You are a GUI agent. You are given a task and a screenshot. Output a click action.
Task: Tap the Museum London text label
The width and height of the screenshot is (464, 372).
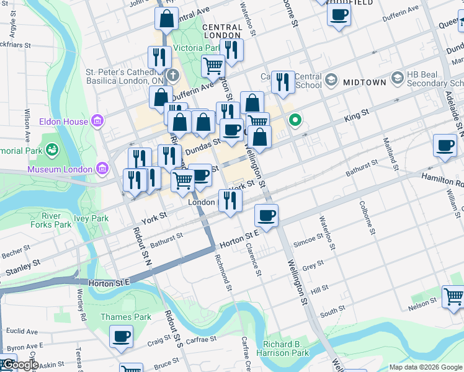[60, 169]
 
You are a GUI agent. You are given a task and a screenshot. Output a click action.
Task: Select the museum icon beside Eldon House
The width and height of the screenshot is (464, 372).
[97, 120]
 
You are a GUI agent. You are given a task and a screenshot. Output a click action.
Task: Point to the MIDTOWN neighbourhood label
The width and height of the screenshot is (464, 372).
[364, 82]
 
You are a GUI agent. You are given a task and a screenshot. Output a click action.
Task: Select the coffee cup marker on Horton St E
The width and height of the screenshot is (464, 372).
[266, 215]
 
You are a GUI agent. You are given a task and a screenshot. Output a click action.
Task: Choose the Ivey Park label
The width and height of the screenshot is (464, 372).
[91, 218]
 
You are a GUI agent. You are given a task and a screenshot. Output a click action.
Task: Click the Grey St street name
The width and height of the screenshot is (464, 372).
[313, 266]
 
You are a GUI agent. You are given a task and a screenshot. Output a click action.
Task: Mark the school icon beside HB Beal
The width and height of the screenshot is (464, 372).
[397, 79]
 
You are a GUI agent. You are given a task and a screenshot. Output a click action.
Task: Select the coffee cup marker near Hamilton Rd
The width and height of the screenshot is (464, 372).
[444, 146]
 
